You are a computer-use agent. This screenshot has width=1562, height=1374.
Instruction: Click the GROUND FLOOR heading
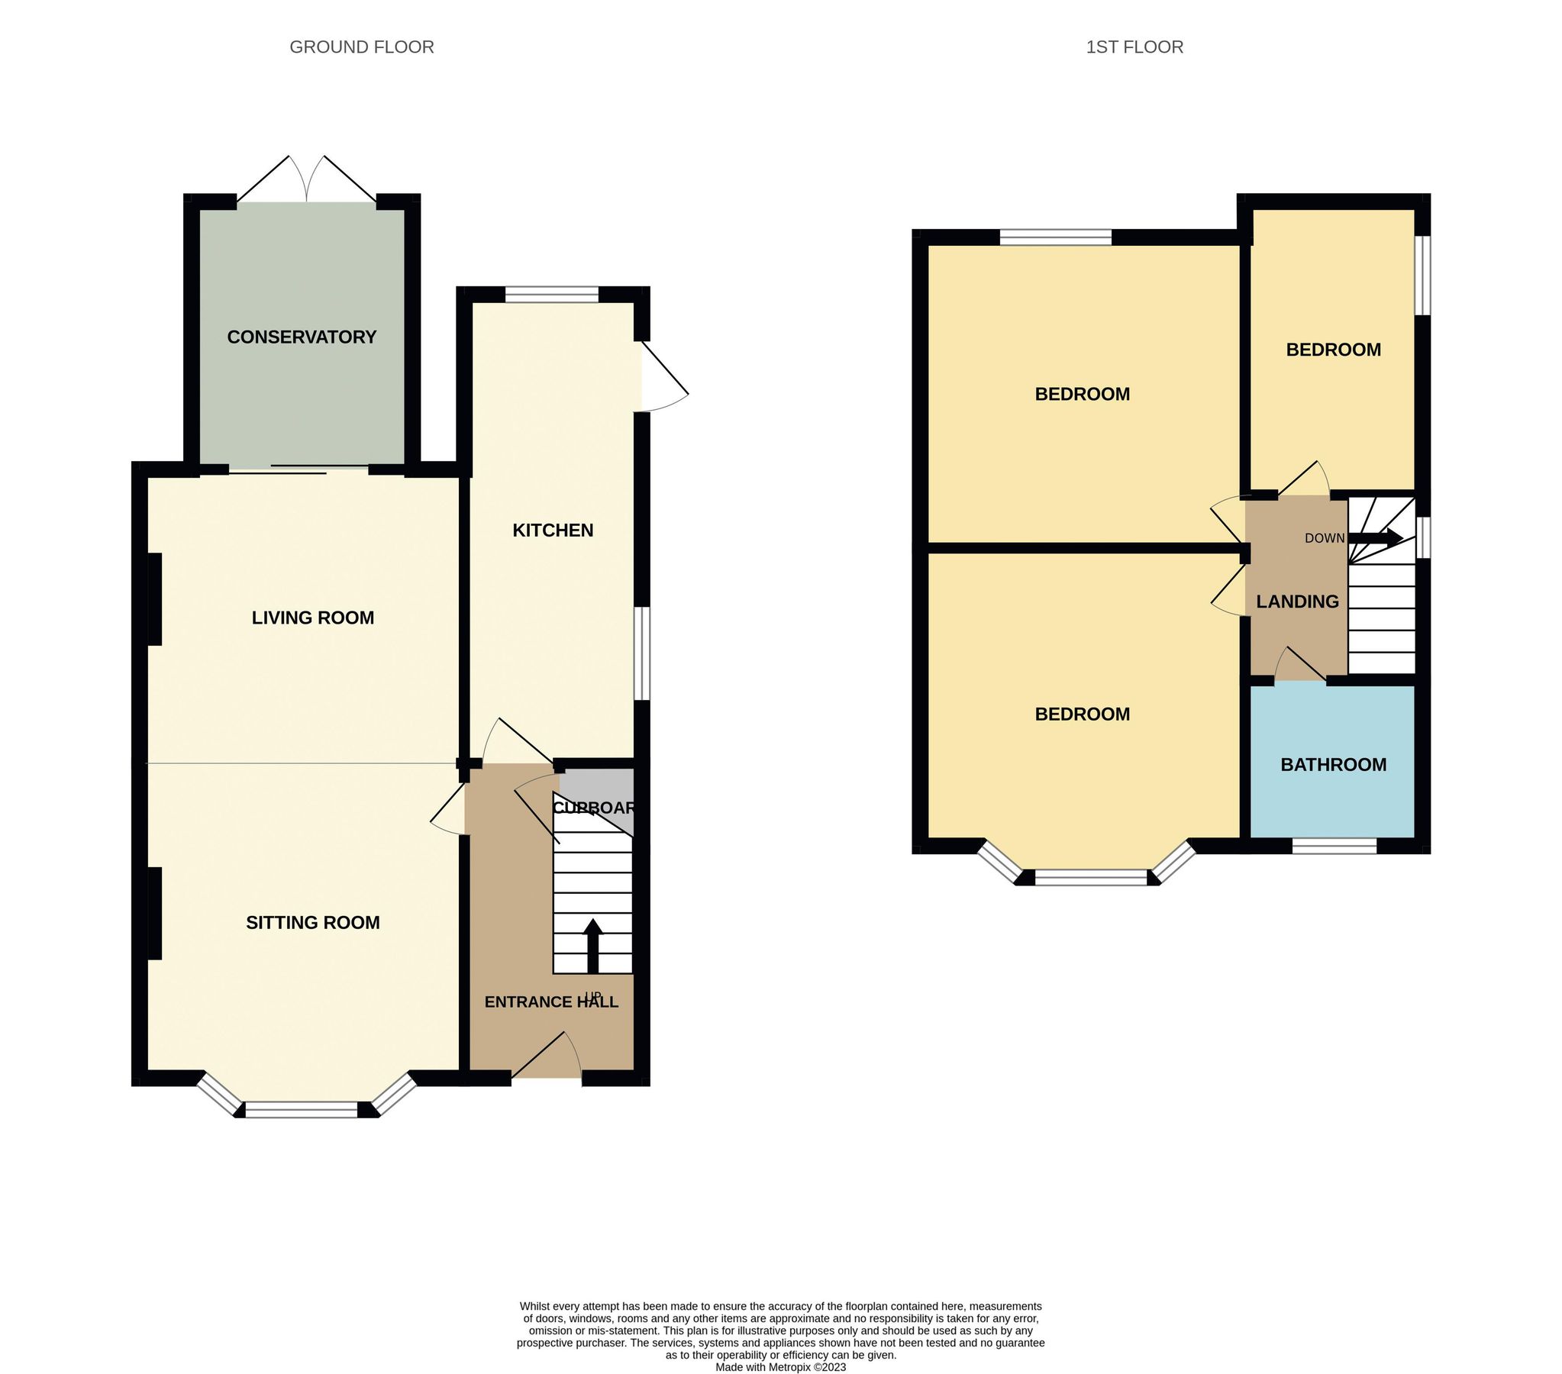tap(361, 47)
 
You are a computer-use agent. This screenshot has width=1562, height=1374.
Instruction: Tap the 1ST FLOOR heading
tap(1134, 47)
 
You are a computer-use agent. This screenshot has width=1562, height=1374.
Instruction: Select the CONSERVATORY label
tap(302, 337)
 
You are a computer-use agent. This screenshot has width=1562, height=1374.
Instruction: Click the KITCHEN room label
tap(553, 531)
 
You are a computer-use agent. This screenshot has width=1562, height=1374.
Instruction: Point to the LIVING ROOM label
tap(312, 618)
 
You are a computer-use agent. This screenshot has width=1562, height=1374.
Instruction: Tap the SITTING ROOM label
tap(312, 922)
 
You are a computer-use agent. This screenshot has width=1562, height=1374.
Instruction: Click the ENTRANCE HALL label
tap(551, 1001)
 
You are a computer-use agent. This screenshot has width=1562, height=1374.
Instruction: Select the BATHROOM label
tap(1333, 765)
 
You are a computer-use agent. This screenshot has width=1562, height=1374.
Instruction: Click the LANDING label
tap(1297, 602)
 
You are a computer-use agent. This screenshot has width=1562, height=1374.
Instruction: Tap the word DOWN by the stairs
tap(1325, 539)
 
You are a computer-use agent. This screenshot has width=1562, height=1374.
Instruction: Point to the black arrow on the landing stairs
tap(1376, 538)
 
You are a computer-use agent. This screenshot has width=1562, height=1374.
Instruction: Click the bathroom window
tap(1334, 846)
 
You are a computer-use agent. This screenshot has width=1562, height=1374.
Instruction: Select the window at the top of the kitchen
tap(551, 294)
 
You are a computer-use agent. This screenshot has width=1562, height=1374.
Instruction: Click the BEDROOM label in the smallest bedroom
tap(1333, 350)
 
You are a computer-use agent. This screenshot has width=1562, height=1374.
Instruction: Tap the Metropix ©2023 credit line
tap(780, 1367)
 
